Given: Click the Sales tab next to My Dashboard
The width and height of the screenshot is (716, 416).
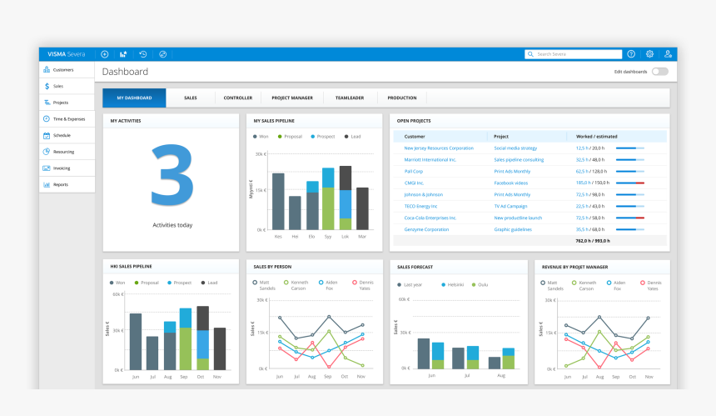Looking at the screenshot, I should click(x=191, y=98).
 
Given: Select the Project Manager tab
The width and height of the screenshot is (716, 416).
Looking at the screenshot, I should click(x=292, y=98).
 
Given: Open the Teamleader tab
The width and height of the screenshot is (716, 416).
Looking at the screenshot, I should click(x=350, y=98).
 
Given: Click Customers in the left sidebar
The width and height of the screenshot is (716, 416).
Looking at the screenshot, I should click(x=63, y=70).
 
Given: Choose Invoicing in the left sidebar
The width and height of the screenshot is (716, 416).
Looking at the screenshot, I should click(x=62, y=168).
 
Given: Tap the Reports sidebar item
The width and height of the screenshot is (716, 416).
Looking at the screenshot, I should click(x=61, y=184).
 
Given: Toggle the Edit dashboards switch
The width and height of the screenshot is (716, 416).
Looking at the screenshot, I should click(x=659, y=72).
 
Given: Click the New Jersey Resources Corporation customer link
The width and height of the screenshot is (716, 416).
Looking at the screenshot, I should click(x=439, y=148).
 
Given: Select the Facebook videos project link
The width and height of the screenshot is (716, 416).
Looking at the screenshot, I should click(x=510, y=183).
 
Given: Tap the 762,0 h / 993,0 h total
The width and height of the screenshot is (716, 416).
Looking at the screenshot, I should click(x=592, y=240).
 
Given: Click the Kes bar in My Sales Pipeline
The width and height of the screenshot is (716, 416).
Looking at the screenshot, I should click(x=278, y=201).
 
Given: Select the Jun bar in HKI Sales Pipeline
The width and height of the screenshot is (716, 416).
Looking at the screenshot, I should click(x=136, y=342).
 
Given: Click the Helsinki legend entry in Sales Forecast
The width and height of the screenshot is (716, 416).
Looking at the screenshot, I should click(x=453, y=284).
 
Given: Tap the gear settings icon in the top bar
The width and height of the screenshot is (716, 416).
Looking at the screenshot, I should click(x=649, y=54).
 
